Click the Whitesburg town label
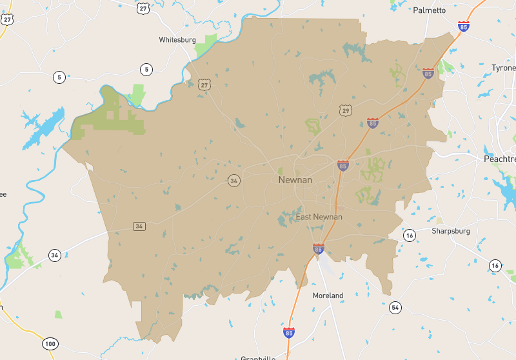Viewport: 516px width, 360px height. [177, 39]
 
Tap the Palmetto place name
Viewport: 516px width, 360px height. [430, 10]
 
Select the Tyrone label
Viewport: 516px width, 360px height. [503, 68]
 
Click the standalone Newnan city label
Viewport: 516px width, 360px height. [295, 180]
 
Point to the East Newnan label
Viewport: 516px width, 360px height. [319, 217]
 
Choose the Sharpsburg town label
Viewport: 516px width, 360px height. [450, 230]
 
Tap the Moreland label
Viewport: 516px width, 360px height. [328, 295]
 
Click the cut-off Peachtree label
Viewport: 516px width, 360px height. [500, 159]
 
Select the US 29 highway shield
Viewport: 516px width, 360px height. [347, 111]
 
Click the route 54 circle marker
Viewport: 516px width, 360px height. [395, 307]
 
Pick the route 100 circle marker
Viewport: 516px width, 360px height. [50, 343]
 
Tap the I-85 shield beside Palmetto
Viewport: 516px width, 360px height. [463, 26]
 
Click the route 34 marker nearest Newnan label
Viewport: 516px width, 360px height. [233, 181]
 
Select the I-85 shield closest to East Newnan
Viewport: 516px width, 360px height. [318, 248]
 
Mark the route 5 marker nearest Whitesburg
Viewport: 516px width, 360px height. [146, 69]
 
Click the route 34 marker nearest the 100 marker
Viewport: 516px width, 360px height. [54, 255]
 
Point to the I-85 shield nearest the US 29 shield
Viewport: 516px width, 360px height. [372, 123]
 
